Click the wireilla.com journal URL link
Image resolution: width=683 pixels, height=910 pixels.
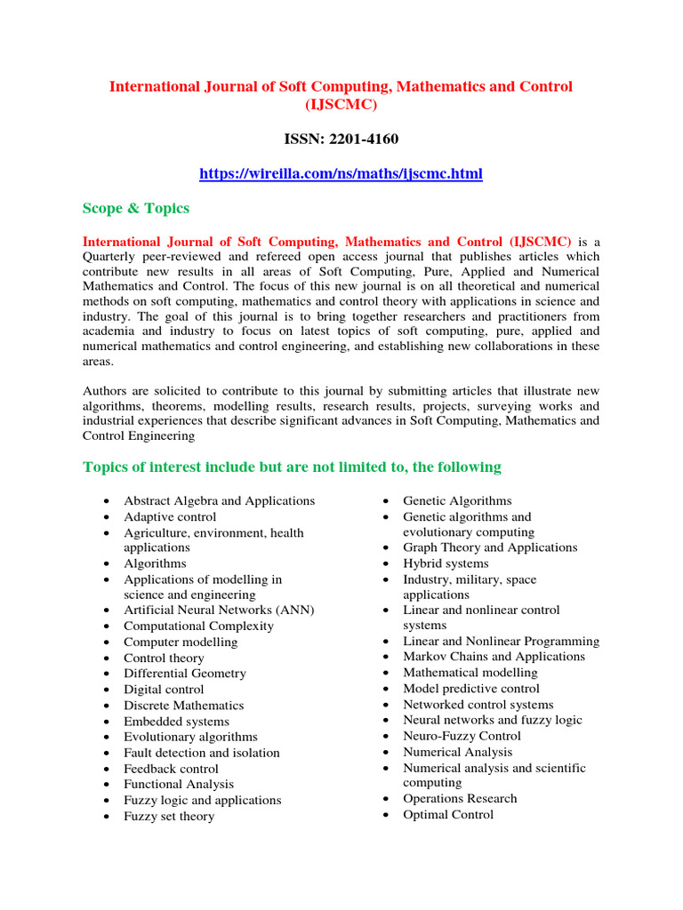[x=341, y=174]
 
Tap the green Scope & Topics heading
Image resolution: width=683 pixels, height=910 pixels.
[x=136, y=208]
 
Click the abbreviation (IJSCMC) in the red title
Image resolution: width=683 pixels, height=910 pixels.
[x=341, y=105]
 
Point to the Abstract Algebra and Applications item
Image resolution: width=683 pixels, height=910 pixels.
[x=219, y=501]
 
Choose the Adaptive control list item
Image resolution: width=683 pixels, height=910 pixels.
[x=170, y=517]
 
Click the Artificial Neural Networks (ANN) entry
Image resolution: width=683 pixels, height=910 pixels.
[x=219, y=611]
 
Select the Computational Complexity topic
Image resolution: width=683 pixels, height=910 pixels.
[x=198, y=626]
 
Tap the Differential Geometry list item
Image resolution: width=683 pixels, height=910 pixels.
[x=185, y=674]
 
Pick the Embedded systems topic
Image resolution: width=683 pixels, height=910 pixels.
[x=176, y=722]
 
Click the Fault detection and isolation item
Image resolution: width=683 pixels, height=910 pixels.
[x=201, y=753]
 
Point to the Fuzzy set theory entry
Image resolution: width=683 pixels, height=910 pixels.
[x=169, y=816]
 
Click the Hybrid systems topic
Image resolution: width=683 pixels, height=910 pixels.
[x=446, y=563]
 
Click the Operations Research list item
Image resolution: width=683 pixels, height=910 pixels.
[x=460, y=798]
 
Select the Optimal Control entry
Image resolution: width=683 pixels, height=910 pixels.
[x=448, y=815]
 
